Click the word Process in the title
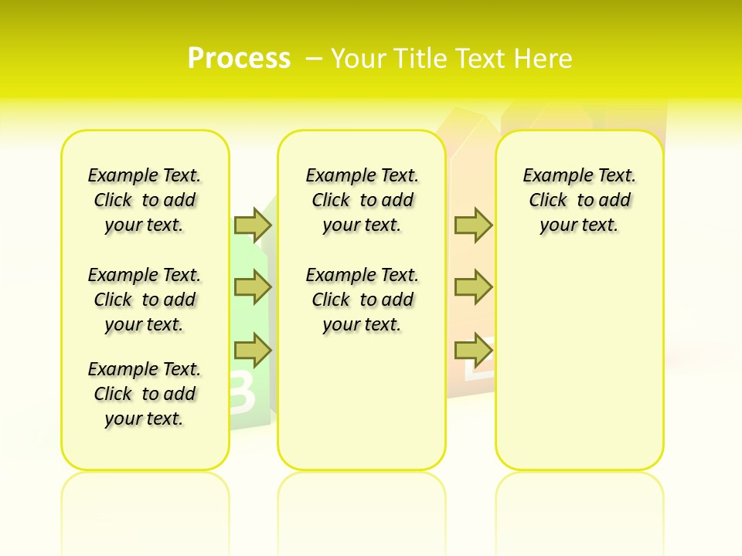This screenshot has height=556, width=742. coord(239,59)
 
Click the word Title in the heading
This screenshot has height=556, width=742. coord(421,59)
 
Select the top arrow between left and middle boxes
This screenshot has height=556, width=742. coord(253,225)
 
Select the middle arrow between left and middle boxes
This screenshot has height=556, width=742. coord(253,287)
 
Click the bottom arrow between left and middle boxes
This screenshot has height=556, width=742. coord(253,351)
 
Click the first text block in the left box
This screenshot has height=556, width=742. coord(145,200)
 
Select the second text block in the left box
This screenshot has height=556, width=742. coord(145,300)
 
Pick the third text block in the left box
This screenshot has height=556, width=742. coord(145,394)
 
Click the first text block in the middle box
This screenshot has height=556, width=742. coord(362,200)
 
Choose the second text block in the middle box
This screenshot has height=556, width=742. coord(362,300)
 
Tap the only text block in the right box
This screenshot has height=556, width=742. coord(579,200)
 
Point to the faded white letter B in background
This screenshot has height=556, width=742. coord(241,392)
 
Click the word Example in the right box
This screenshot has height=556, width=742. coord(550,175)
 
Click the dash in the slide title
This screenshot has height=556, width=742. coord(314,59)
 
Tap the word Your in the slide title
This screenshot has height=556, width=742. coord(359,59)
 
